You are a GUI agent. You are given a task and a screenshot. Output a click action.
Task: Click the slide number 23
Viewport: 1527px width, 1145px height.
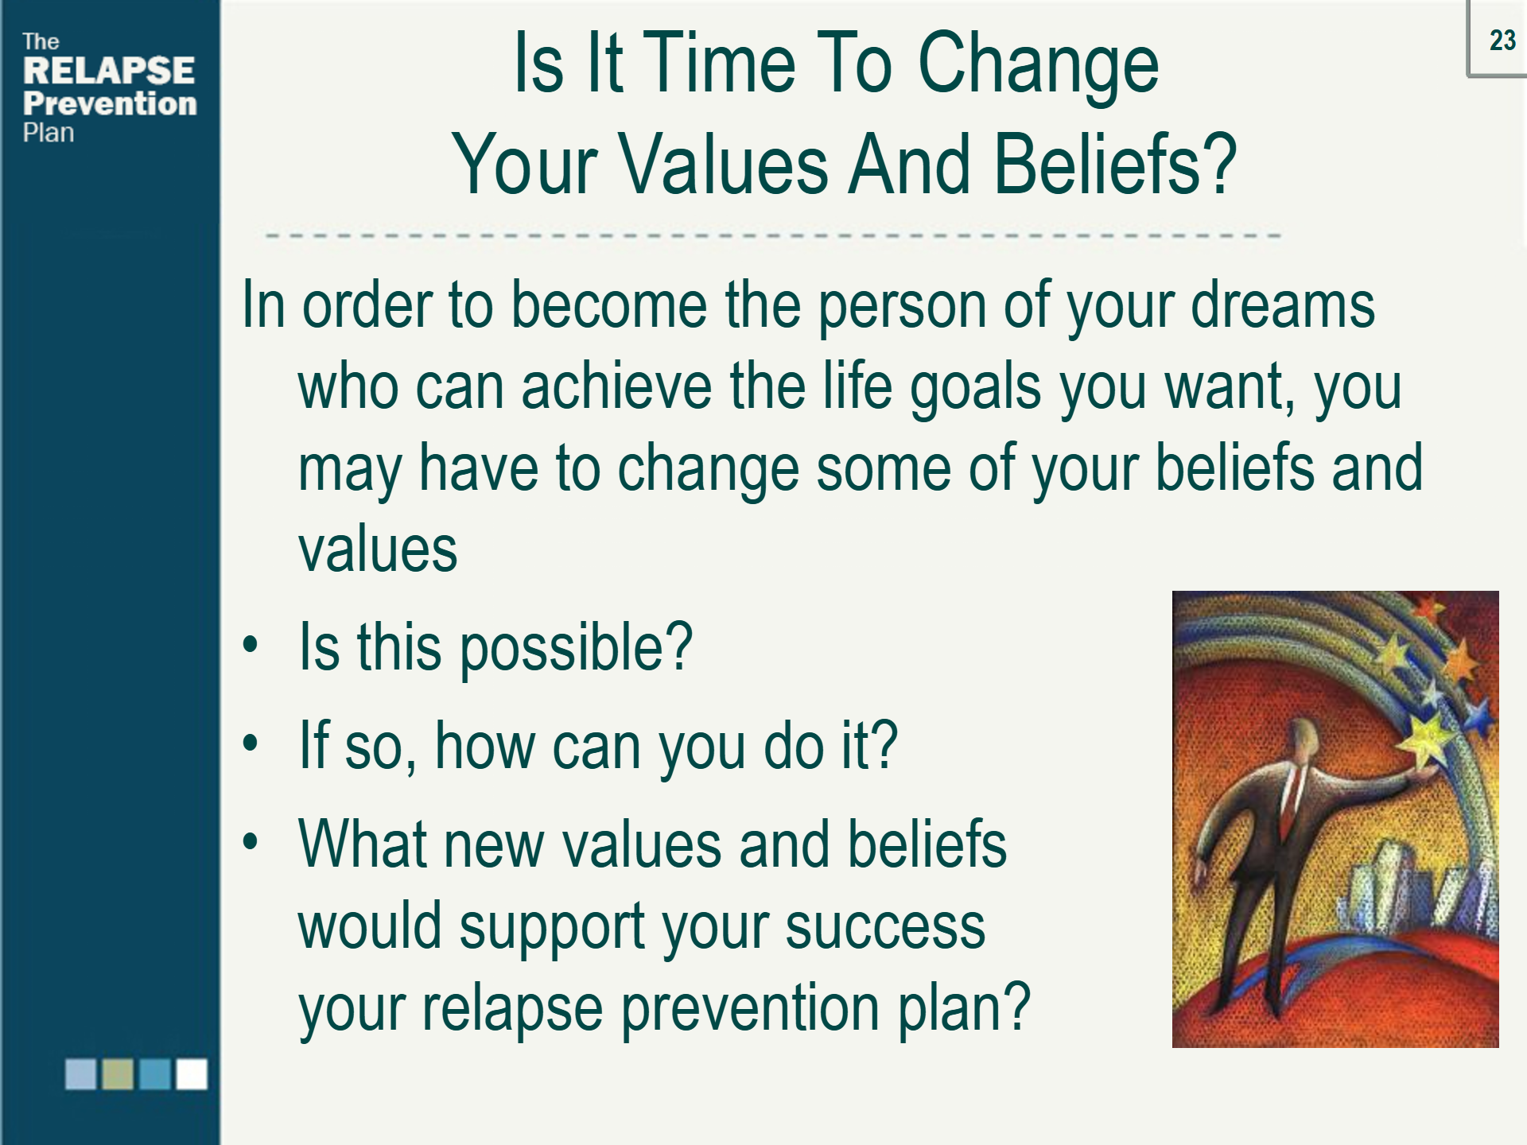coord(1502,40)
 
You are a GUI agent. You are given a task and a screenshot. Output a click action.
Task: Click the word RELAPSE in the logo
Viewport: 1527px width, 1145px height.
coord(109,71)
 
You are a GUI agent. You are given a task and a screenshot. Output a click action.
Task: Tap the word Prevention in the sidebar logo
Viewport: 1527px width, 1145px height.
coord(110,103)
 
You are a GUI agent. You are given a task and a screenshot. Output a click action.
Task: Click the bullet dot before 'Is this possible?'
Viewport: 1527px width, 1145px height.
coord(251,645)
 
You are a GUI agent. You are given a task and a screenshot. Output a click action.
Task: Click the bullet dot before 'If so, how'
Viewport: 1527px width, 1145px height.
coord(251,743)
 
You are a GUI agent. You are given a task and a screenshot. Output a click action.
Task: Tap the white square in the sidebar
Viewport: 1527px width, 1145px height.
coord(192,1073)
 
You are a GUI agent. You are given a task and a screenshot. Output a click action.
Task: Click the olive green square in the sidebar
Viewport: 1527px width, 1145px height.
coord(118,1073)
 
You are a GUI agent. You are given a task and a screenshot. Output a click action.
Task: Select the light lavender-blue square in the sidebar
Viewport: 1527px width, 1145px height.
coord(80,1073)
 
